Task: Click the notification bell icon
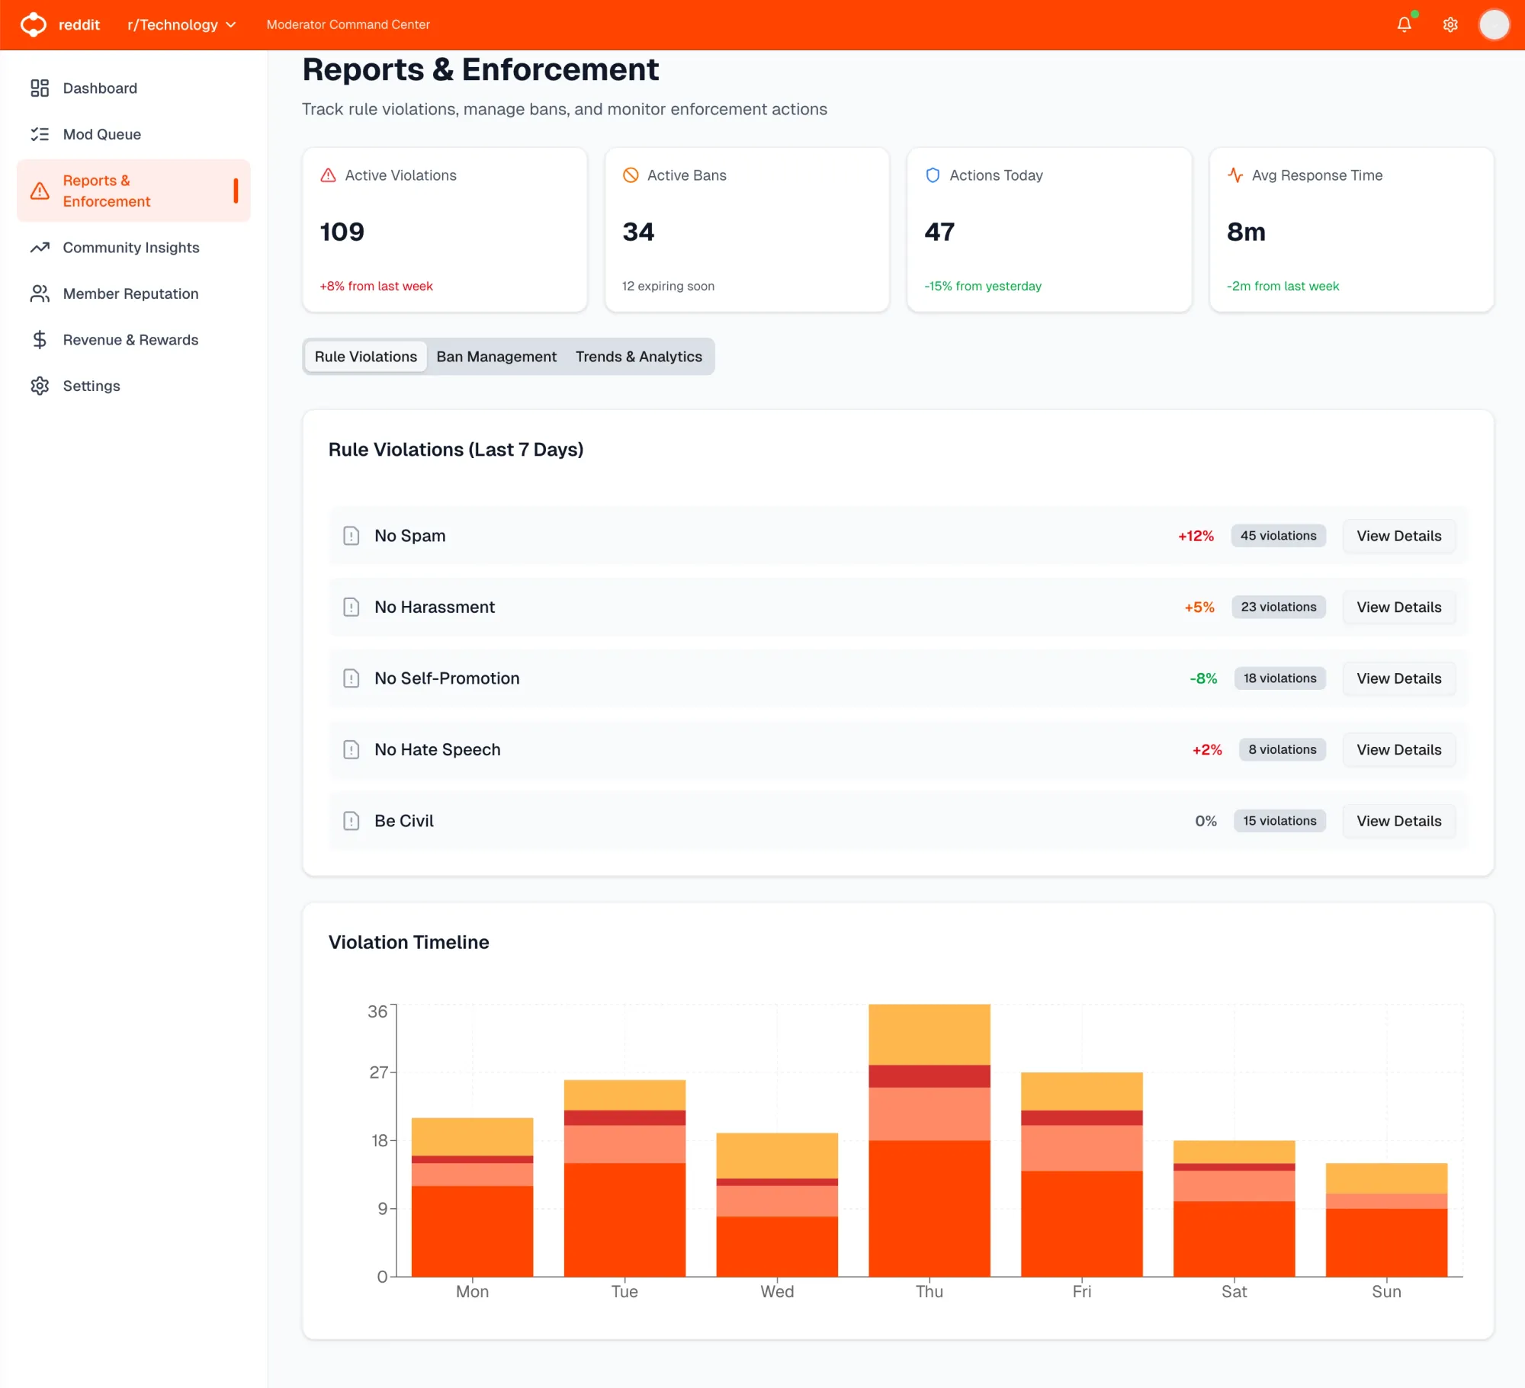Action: pyautogui.click(x=1404, y=25)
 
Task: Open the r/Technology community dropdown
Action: pyautogui.click(x=181, y=25)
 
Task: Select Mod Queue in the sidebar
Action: pyautogui.click(x=101, y=134)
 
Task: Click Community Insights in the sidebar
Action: pyautogui.click(x=130, y=248)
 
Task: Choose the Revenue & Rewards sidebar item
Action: pyautogui.click(x=130, y=340)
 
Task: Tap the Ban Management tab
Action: pyautogui.click(x=496, y=357)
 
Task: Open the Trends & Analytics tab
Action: pyautogui.click(x=638, y=357)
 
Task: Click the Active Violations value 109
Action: pyautogui.click(x=342, y=232)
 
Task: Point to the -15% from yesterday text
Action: pyautogui.click(x=983, y=286)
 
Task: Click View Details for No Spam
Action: pyautogui.click(x=1398, y=536)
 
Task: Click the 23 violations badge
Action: pyautogui.click(x=1278, y=607)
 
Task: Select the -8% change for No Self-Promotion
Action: pyautogui.click(x=1203, y=678)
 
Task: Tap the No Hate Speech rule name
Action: pyautogui.click(x=437, y=750)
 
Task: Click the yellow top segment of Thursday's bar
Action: pyautogui.click(x=929, y=1034)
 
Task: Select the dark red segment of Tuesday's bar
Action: pyautogui.click(x=624, y=1117)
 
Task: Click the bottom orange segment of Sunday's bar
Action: pyautogui.click(x=1386, y=1242)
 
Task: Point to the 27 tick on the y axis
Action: pyautogui.click(x=379, y=1072)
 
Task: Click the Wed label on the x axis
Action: pyautogui.click(x=777, y=1291)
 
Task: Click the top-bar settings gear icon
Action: pyautogui.click(x=1450, y=25)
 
